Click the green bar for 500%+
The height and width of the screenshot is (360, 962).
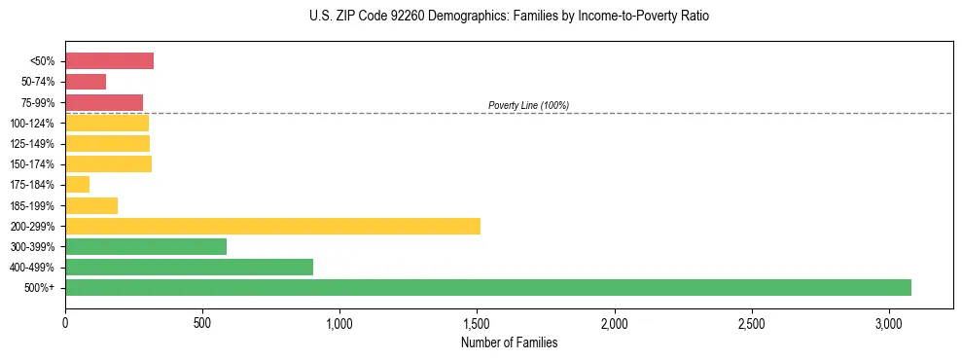tap(487, 287)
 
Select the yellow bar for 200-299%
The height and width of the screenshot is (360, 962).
tap(272, 226)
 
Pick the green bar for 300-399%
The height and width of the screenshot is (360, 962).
tap(146, 246)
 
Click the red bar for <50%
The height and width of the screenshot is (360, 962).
tap(109, 60)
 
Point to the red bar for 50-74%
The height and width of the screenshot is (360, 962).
tap(86, 82)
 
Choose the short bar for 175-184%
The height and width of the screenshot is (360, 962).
tap(77, 184)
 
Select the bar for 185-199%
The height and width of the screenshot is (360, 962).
tap(91, 205)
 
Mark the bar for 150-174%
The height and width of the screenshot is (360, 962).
tap(108, 163)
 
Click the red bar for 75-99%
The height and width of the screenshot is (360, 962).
tap(104, 102)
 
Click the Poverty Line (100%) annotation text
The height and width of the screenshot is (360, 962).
tap(528, 105)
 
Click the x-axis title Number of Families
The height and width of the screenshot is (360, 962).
tap(509, 342)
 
